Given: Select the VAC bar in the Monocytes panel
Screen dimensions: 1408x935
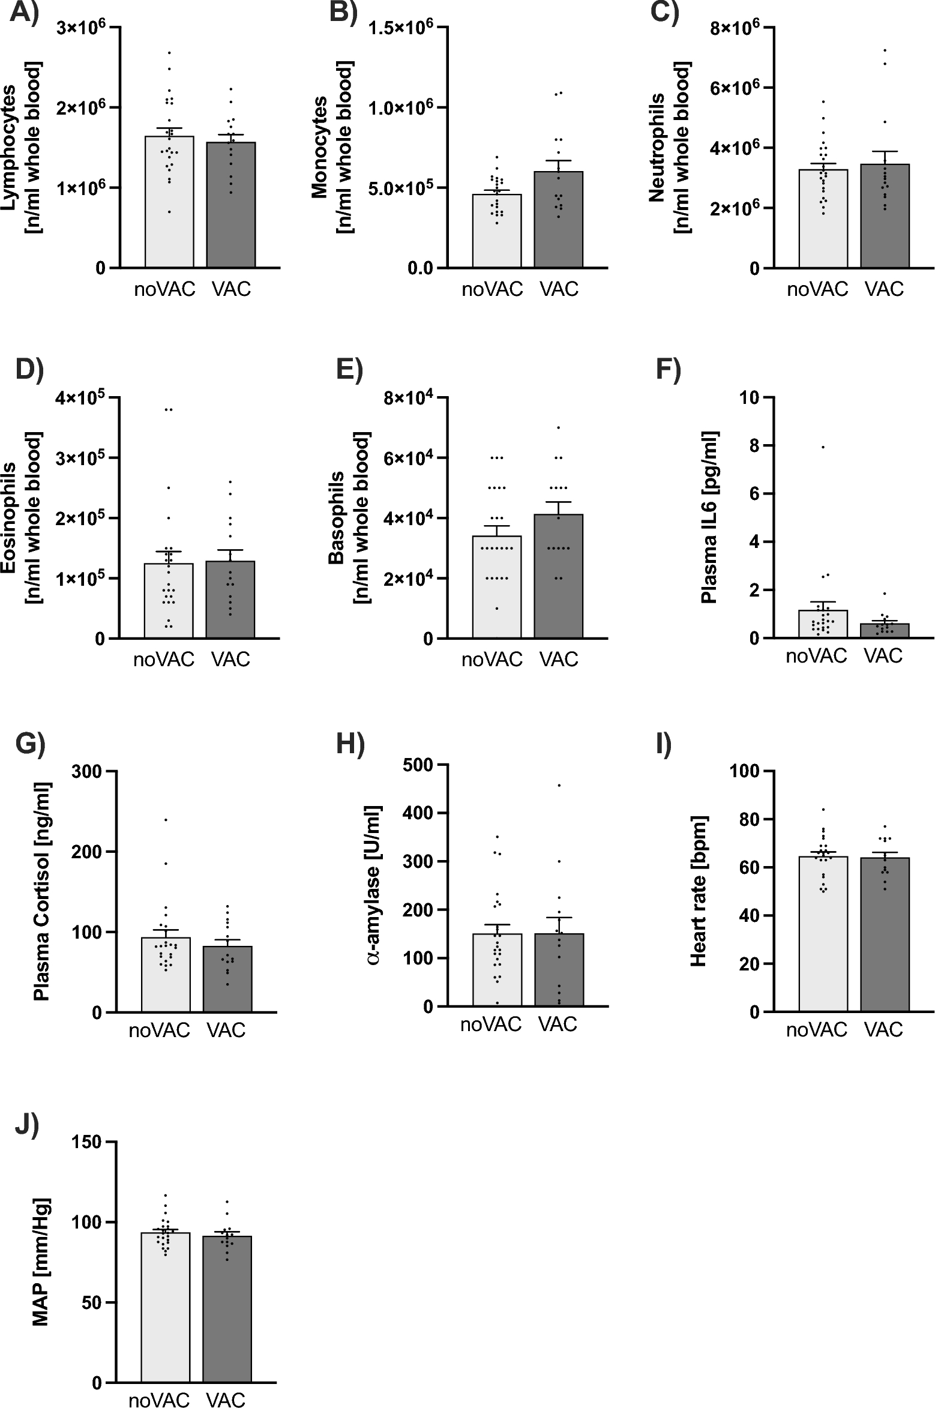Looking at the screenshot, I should tap(558, 219).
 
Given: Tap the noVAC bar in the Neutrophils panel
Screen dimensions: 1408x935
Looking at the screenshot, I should tap(823, 219).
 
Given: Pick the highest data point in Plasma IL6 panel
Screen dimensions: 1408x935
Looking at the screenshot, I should tap(823, 447).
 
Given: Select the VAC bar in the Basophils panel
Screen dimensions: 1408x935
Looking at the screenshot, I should tap(558, 576).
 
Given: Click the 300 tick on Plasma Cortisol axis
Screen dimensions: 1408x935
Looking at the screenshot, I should tap(86, 771).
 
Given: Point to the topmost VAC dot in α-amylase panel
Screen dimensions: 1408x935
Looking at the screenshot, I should tap(559, 785).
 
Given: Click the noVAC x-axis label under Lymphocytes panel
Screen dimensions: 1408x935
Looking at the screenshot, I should tap(164, 289).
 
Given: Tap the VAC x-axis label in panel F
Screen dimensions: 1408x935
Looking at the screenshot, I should tap(883, 655).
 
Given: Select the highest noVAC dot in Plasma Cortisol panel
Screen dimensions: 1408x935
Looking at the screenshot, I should tap(166, 819).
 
